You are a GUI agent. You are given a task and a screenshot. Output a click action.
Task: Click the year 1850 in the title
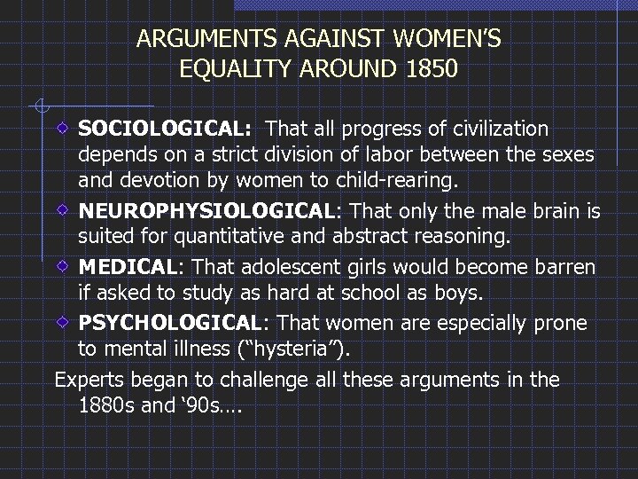428,68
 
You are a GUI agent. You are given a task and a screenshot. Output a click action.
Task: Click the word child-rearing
396,184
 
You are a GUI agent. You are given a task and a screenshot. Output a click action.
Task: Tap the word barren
563,267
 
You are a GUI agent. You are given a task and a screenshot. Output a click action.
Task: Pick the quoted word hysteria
294,349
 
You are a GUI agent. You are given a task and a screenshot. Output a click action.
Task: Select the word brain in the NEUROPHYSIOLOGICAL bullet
560,212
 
